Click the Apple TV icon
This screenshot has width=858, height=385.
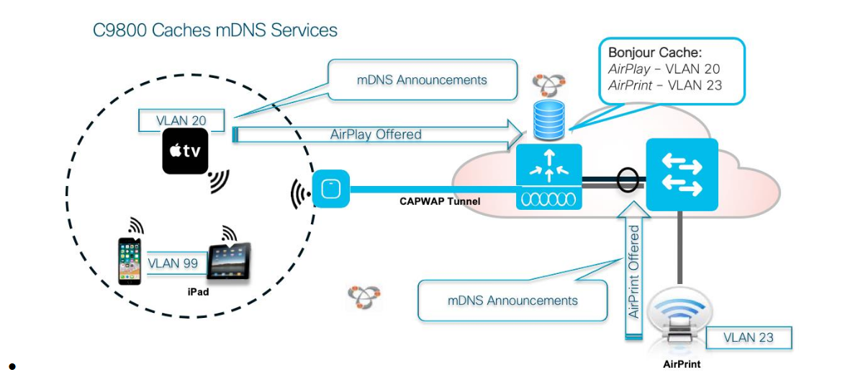(186, 151)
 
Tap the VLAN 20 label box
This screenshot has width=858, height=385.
(181, 120)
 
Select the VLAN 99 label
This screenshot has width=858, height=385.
(173, 263)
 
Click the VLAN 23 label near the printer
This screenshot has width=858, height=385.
(749, 337)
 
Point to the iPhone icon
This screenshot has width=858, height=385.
(130, 260)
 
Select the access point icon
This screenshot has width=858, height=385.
(331, 189)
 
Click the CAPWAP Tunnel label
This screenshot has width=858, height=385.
(440, 201)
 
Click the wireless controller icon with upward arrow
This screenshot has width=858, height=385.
(548, 177)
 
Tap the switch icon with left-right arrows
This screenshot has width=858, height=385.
(682, 174)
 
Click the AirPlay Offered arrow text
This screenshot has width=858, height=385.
(376, 134)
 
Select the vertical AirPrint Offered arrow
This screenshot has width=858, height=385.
(634, 270)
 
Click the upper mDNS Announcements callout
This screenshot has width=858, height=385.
(422, 80)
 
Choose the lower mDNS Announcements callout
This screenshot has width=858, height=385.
(512, 301)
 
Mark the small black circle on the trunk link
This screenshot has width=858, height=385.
(628, 182)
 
